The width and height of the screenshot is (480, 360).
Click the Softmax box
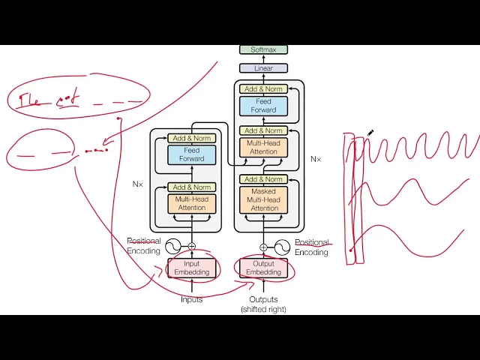pos(263,49)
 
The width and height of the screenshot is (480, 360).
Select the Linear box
pos(263,68)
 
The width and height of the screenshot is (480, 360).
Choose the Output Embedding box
pos(263,268)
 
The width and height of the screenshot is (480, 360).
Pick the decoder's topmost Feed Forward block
pos(263,106)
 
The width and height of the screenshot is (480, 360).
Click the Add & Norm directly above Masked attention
pos(263,179)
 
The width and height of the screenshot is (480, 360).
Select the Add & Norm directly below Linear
pos(263,89)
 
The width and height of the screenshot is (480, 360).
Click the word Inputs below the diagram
pos(192,300)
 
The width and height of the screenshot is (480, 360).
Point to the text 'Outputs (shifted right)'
pos(263,304)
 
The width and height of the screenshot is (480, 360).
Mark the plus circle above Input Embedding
pos(192,246)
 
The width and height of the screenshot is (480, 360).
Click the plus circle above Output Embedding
pos(263,246)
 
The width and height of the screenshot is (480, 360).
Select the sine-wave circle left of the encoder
pos(173,246)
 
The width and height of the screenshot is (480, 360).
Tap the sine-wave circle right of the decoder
pos(282,246)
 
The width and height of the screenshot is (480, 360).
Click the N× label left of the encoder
pos(138,184)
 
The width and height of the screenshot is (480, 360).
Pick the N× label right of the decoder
pos(316,159)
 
